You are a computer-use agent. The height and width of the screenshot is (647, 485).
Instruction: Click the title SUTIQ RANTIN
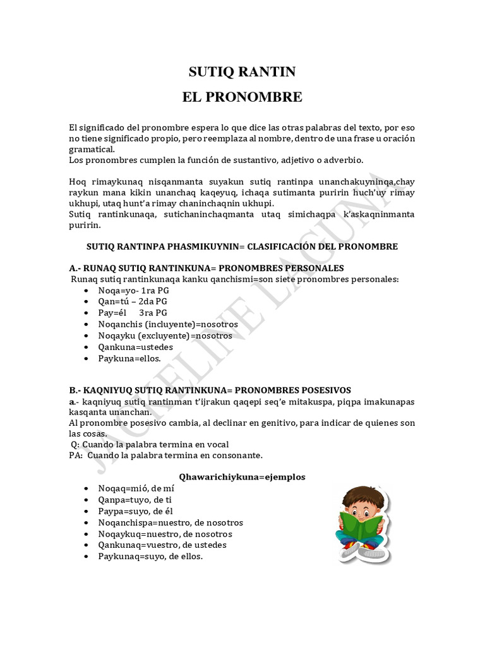(x=242, y=72)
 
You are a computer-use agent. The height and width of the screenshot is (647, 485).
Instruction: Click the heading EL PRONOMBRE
(x=242, y=97)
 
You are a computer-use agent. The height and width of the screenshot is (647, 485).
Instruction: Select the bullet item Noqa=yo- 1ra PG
(x=133, y=290)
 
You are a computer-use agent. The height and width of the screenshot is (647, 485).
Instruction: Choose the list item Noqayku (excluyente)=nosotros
(x=165, y=336)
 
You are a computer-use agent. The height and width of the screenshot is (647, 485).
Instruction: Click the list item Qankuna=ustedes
(x=135, y=347)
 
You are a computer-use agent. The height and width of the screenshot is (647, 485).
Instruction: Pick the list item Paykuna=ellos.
(x=125, y=358)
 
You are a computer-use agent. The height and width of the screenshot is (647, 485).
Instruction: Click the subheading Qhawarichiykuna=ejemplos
(x=242, y=477)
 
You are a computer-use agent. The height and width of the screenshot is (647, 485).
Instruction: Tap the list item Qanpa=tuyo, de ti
(x=135, y=500)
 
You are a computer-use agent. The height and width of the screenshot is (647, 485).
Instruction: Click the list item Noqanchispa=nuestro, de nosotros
(x=171, y=523)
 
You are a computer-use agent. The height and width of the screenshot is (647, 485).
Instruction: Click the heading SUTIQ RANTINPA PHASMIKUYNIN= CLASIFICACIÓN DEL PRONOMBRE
(x=242, y=246)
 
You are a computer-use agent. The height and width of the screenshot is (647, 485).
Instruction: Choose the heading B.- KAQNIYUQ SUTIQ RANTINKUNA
(x=210, y=390)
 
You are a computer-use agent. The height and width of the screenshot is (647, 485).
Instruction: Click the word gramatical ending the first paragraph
(x=92, y=149)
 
